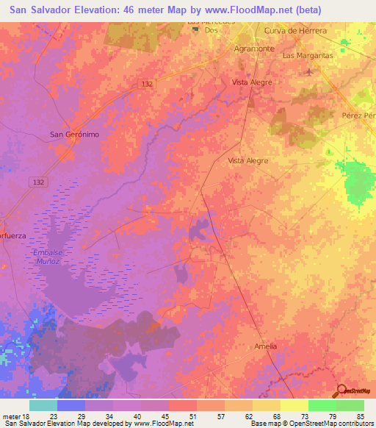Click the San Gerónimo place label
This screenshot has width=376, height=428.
pos(73,135)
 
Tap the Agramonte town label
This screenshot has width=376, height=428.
pos(253,48)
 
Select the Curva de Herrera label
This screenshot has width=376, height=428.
pos(294,30)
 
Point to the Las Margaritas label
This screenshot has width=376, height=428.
pos(308,55)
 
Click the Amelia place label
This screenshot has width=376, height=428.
pos(265,346)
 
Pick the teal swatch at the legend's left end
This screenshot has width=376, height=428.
pos(43,405)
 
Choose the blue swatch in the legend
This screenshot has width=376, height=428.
pos(71,405)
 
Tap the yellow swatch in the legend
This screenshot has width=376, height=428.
pos(294,405)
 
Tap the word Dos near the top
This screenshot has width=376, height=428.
pos(212,31)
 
